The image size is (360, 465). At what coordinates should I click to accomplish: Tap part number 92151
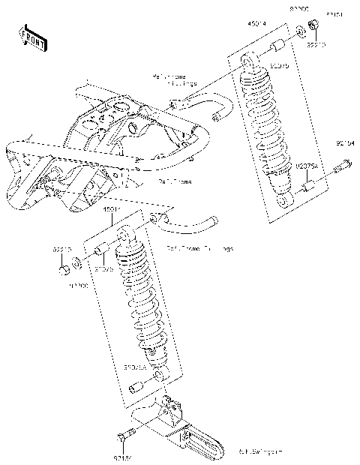pos(334,14)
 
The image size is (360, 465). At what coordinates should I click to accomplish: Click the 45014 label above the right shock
pos(257,25)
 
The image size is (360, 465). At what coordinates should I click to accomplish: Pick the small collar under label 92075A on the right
pos(307,184)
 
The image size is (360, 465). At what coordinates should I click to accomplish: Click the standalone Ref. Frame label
pos(174,181)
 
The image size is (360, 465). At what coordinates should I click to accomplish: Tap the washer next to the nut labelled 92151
pos(300,32)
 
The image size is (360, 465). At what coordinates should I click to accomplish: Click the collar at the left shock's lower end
pos(135,388)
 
